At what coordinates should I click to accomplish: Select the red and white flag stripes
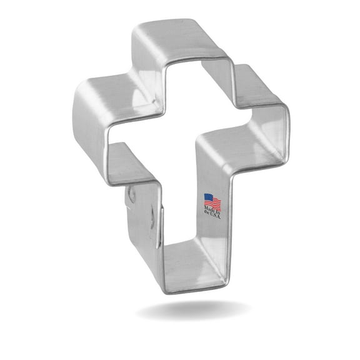(x=214, y=204)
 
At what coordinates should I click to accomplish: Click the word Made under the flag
(x=209, y=211)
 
